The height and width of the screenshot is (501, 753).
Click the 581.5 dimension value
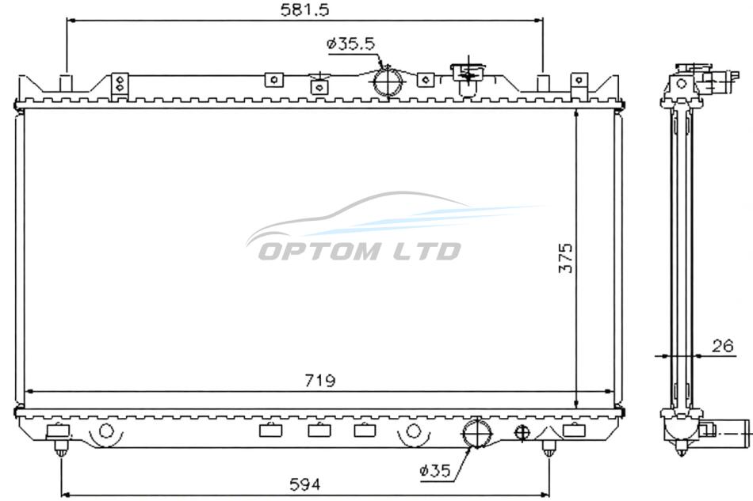tap(305, 10)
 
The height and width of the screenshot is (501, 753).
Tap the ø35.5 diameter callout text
tap(350, 44)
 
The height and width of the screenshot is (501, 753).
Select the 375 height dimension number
tap(566, 258)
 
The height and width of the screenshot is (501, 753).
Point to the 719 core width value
tap(320, 381)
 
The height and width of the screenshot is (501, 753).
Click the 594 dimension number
tap(305, 484)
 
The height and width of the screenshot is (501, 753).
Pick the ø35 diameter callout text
tap(435, 471)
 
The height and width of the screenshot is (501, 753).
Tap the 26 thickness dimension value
tap(723, 346)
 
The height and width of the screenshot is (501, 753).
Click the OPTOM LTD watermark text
tap(359, 251)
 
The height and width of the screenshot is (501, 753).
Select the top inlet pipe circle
tap(388, 82)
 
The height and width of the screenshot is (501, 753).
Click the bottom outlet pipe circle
tap(476, 432)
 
